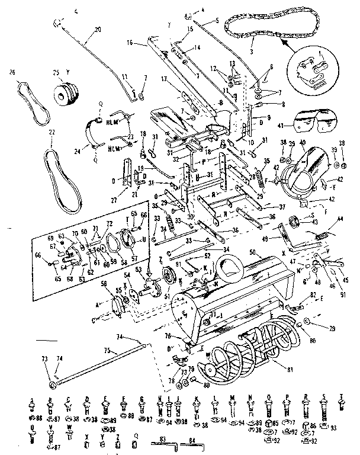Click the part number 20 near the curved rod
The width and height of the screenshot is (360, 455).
click(x=98, y=29)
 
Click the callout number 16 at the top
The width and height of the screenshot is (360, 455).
click(x=129, y=43)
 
